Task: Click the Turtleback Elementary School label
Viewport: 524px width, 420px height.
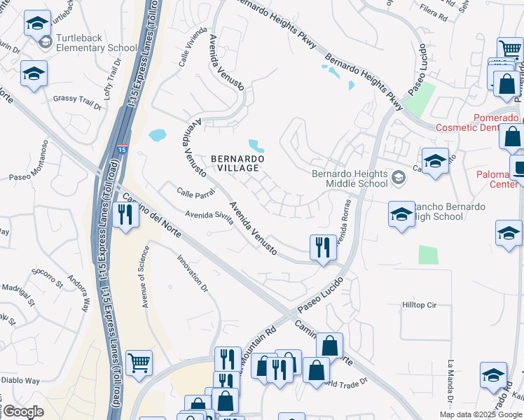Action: pyautogui.click(x=97, y=43)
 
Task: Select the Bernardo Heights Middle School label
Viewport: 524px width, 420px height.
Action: pyautogui.click(x=350, y=178)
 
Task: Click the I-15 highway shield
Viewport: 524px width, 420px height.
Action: pyautogui.click(x=122, y=150)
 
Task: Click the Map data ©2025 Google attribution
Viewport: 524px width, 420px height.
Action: pyautogui.click(x=481, y=414)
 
